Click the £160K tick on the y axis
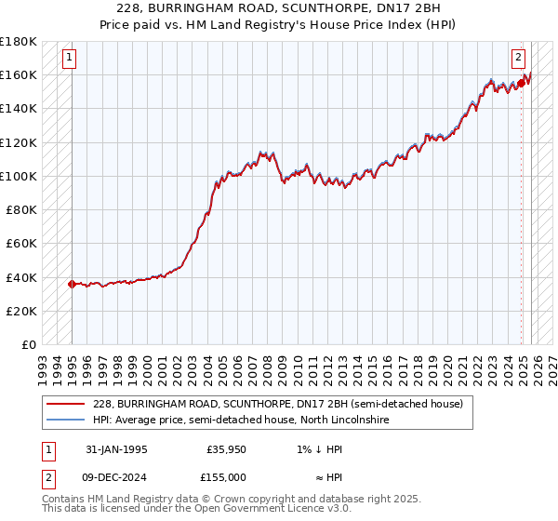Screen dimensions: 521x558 [x=19, y=74]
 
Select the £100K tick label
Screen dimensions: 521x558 [x=19, y=176]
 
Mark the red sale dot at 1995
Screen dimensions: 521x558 [x=72, y=284]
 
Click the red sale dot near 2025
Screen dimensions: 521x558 [x=521, y=83]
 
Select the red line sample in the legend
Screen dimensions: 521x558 [x=65, y=404]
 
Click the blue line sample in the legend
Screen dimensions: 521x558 [x=65, y=421]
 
